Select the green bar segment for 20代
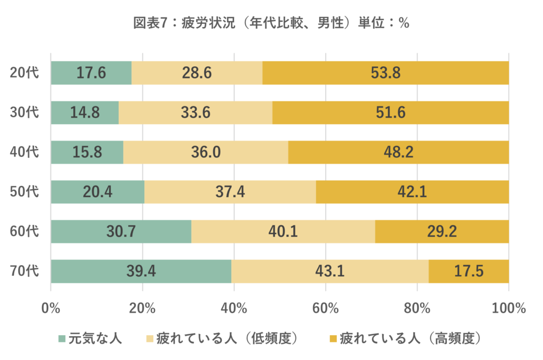tap(91, 73)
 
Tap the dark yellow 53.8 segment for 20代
tap(386, 73)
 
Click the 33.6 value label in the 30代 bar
tap(196, 112)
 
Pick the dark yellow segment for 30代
tap(391, 112)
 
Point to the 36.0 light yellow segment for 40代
tap(206, 152)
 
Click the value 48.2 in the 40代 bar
tap(399, 152)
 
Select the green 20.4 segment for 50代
tap(98, 192)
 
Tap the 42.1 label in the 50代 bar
tap(412, 192)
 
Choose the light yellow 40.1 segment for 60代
tap(283, 231)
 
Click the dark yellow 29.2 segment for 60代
tap(442, 231)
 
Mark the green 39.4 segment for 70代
tap(141, 271)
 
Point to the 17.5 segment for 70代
tap(469, 271)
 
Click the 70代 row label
tap(24, 271)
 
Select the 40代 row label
tap(24, 152)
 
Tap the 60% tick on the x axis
tap(326, 308)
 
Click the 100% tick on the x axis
tap(509, 308)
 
